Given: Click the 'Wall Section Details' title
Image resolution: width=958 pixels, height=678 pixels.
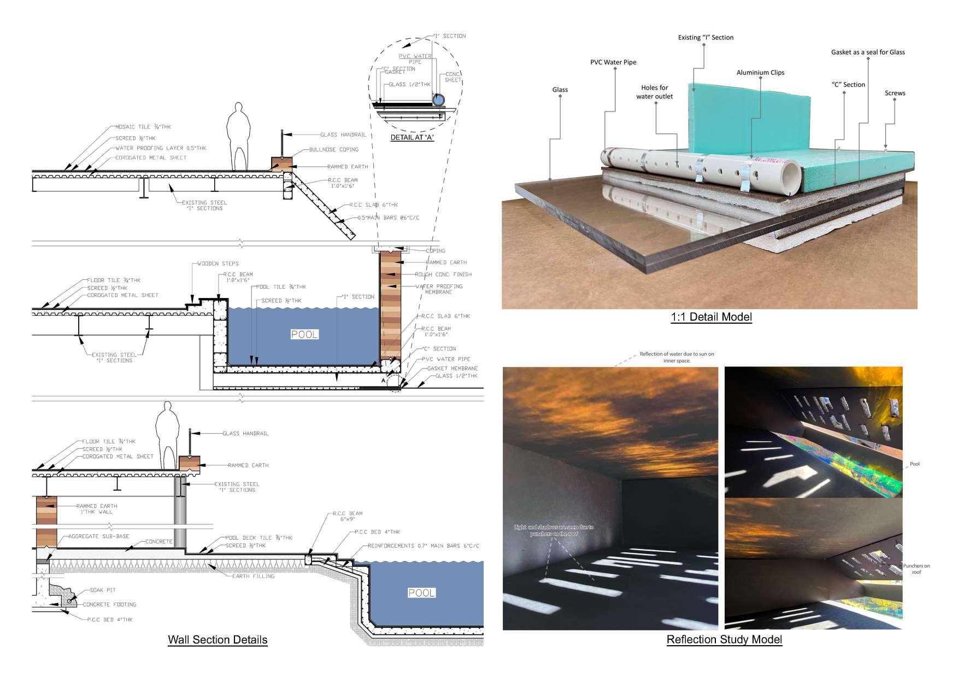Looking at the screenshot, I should [218, 640].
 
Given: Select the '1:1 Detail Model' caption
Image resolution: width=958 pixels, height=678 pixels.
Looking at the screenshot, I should [711, 317].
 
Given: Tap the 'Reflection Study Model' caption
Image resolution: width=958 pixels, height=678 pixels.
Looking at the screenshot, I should [724, 640].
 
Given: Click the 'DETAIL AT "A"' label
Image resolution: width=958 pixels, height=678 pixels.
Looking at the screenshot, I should [412, 137].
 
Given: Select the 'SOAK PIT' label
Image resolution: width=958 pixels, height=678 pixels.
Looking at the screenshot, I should [103, 591].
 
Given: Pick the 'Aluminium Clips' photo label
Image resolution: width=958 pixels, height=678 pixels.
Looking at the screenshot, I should [760, 72].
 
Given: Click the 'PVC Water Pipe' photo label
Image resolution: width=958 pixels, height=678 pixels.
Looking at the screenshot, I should [613, 62].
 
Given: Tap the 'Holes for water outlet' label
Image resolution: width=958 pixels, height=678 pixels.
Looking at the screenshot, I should [654, 92].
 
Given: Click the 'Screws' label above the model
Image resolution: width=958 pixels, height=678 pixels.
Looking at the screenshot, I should [895, 93].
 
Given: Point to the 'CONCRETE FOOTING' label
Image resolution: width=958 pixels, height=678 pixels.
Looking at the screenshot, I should [109, 605].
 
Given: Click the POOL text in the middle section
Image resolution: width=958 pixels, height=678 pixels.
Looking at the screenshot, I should [304, 334].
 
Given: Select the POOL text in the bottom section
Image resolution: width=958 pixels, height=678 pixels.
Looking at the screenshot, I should [421, 593].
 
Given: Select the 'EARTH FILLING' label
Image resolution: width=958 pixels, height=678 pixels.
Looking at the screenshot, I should [254, 576].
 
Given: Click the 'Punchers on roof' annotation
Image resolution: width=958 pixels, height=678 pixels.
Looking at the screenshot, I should [916, 569].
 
